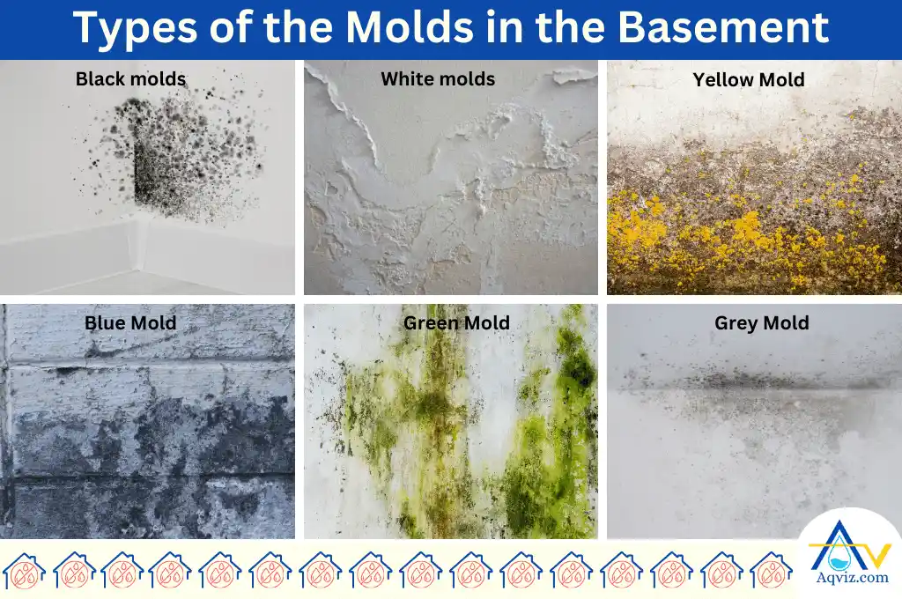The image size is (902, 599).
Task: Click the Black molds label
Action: [x=130, y=79]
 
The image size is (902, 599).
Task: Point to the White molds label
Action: [x=438, y=79]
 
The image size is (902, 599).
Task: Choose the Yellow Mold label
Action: [x=749, y=80]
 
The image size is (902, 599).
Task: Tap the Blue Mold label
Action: [x=130, y=323]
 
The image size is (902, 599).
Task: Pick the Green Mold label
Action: [x=456, y=323]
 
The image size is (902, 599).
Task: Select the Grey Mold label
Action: [x=762, y=323]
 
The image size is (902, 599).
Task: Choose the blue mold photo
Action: [x=147, y=432]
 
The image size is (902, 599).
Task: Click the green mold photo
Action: [x=450, y=432]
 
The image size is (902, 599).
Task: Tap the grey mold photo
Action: [x=754, y=432]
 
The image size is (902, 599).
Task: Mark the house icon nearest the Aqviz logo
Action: [x=771, y=572]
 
